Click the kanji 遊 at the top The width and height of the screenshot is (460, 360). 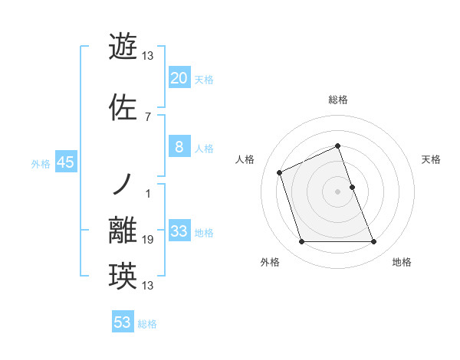[123, 47]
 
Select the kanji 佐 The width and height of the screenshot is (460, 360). [123, 108]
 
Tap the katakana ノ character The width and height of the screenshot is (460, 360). [123, 185]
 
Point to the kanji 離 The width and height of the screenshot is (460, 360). [123, 231]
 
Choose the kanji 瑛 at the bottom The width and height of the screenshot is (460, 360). [123, 277]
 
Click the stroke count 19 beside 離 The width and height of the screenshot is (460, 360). [148, 240]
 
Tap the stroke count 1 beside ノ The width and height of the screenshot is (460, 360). [148, 193]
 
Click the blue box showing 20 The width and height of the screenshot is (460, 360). [179, 78]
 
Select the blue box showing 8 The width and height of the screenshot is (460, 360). [179, 147]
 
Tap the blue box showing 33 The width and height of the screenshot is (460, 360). [179, 231]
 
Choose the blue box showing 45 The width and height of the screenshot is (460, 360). [65, 162]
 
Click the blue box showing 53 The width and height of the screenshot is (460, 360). [123, 322]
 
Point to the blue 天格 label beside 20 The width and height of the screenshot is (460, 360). [203, 79]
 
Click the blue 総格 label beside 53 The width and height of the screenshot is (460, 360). [147, 323]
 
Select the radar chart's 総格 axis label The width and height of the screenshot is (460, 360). [338, 100]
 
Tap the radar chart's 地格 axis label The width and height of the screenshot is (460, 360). [402, 262]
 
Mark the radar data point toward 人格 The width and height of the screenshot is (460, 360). [280, 172]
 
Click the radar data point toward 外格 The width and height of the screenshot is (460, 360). [301, 242]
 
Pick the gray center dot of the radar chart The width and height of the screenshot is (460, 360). [338, 191]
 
